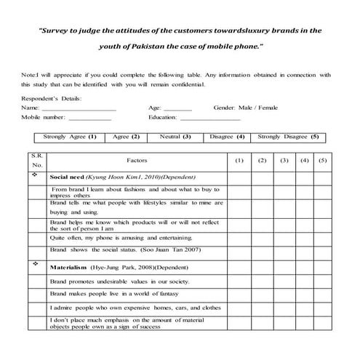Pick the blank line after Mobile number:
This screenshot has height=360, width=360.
(x=89, y=119)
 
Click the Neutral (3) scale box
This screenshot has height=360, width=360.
(x=175, y=137)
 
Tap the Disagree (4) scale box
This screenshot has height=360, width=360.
(x=227, y=137)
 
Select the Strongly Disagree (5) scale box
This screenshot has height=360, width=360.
(x=288, y=137)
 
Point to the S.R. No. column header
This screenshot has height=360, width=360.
(x=37, y=161)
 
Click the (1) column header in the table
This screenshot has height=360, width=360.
(x=239, y=160)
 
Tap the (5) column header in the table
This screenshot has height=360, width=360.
(x=322, y=160)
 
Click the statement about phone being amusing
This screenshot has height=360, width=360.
(x=122, y=237)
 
